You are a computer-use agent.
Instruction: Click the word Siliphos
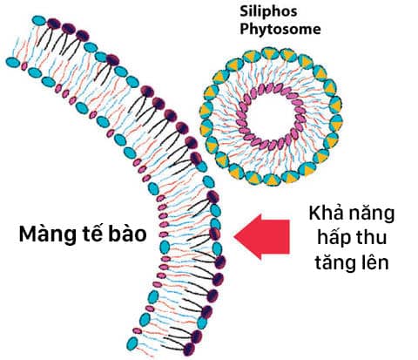pos(268,11)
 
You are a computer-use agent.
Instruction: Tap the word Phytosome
pos(280,30)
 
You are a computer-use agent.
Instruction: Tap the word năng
pos(372,215)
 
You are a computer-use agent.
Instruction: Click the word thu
pos(372,237)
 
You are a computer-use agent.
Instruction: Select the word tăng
pos(334,263)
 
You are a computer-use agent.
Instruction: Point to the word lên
pos(374,262)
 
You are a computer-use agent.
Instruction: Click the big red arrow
pos(262,236)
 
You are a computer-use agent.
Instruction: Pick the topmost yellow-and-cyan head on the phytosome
pos(270,54)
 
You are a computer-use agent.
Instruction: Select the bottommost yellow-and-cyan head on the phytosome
pos(271,179)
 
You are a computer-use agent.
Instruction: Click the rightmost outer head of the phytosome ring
pos(336,123)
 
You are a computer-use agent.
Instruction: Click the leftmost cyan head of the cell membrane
pos(13,63)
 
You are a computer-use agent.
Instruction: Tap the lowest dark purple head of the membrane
pos(189,349)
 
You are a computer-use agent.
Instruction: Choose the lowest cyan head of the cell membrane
pos(132,343)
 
